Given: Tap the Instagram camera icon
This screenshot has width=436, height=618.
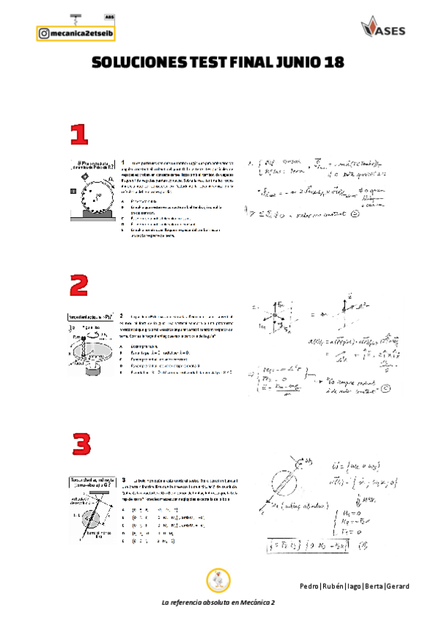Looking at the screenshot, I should (44, 33).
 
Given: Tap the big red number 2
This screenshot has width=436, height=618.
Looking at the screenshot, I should (81, 285).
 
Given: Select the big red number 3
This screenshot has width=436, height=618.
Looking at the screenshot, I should (81, 444).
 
